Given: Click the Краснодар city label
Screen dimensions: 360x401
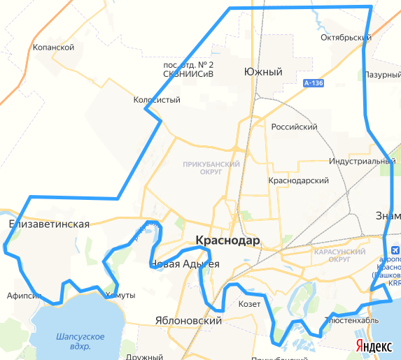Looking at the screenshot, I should pyautogui.click(x=228, y=240).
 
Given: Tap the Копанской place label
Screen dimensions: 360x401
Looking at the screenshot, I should pyautogui.click(x=53, y=48).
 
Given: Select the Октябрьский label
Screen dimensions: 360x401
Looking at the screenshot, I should pyautogui.click(x=344, y=37).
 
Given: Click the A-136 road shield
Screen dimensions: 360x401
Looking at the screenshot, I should pyautogui.click(x=314, y=83).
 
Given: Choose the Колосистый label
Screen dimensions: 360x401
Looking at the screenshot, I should pyautogui.click(x=157, y=100).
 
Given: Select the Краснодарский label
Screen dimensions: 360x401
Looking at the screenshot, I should pyautogui.click(x=299, y=180).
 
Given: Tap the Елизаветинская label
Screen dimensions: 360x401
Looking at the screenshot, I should pyautogui.click(x=49, y=224).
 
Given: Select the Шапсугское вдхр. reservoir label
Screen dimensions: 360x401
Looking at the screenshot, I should pyautogui.click(x=80, y=341).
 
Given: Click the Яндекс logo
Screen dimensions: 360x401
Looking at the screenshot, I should pyautogui.click(x=374, y=346).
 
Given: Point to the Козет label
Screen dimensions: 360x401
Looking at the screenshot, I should pyautogui.click(x=249, y=304).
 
